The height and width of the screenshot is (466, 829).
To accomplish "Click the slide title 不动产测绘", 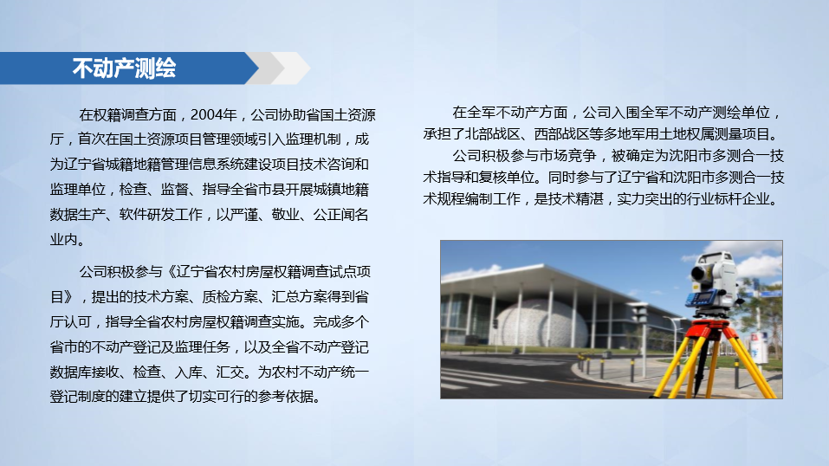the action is pos(124,68).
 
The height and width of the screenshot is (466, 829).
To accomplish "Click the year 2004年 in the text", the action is pos(213,114).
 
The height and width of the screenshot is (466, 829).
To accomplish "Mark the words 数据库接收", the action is pos(84,372).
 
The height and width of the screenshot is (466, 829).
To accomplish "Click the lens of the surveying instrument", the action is pos(699,272).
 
